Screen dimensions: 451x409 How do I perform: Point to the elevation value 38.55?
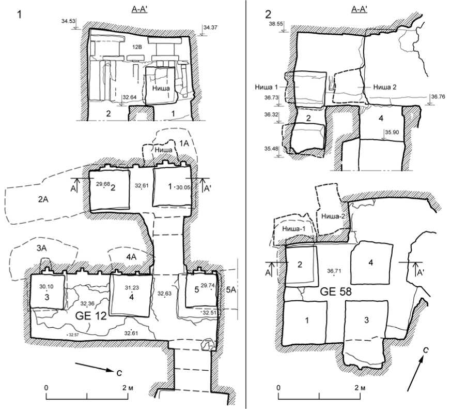pos(275,24)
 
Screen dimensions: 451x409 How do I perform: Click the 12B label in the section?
pos(136,47)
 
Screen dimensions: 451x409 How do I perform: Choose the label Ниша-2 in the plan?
pos(328,215)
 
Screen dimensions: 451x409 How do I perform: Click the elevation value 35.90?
pos(393,132)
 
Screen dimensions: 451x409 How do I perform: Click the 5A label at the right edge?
pos(231,291)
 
